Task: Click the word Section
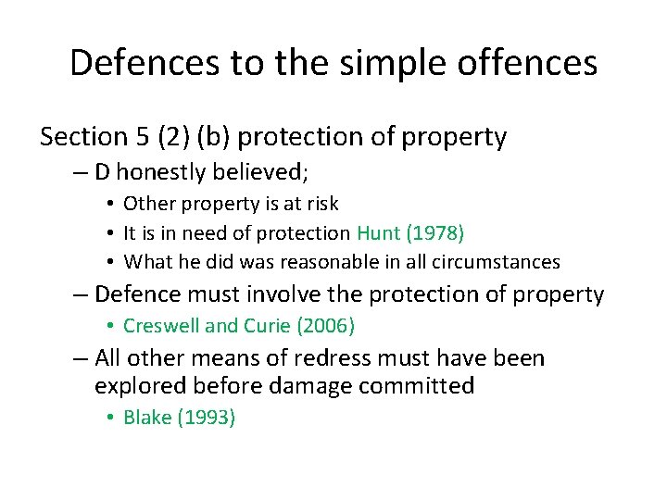(x=83, y=137)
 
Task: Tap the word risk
(x=321, y=204)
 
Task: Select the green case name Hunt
(x=377, y=232)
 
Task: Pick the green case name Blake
(x=147, y=418)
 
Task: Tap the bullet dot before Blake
(x=109, y=418)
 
